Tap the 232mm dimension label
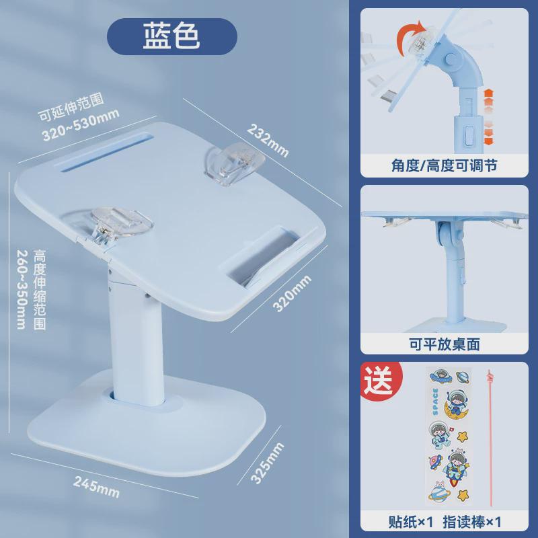click(x=268, y=139)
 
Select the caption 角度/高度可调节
click(x=445, y=165)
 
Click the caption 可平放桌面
click(x=445, y=344)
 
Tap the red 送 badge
click(x=378, y=379)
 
